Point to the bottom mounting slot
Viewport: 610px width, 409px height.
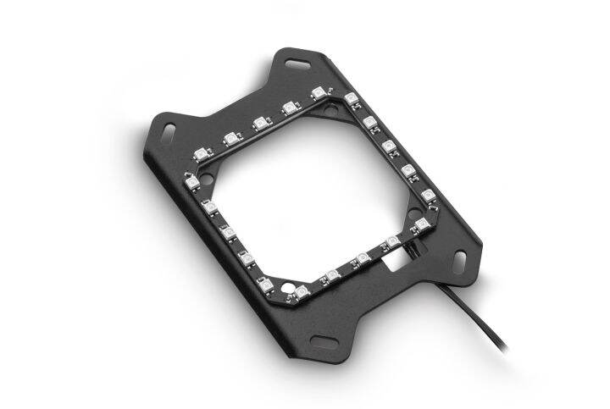click(324, 340)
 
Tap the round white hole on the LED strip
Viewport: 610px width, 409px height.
click(363, 255)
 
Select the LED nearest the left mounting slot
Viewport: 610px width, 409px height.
click(201, 154)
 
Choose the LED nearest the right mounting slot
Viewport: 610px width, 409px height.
click(421, 225)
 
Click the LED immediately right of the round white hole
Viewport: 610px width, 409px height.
click(391, 242)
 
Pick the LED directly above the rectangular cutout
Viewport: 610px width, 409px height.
click(391, 242)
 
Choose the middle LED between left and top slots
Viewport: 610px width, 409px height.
click(259, 123)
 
